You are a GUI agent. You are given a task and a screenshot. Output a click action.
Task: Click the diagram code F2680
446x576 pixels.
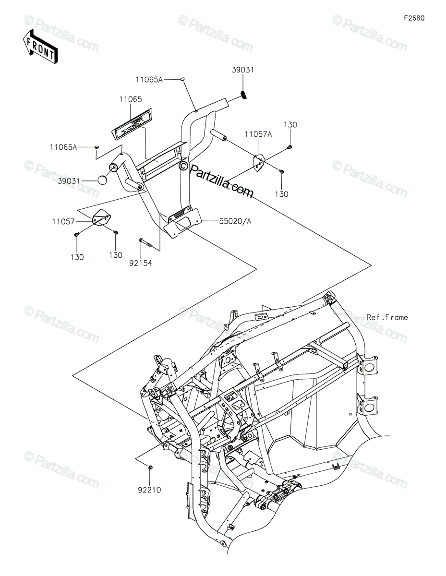point(414,18)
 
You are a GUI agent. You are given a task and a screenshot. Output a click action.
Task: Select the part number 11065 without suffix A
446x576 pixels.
point(131,99)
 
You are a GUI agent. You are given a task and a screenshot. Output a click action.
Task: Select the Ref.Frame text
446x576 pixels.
point(387,317)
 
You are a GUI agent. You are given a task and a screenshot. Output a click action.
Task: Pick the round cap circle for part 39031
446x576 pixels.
point(102,180)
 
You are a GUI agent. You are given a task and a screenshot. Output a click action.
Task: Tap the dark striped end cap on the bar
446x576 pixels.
point(243,95)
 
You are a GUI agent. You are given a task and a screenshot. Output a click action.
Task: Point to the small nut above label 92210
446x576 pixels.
point(151,467)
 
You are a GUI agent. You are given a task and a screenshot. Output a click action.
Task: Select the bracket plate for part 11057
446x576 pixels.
point(102,217)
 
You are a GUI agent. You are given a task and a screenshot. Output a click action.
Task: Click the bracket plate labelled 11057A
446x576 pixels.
point(259,162)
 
